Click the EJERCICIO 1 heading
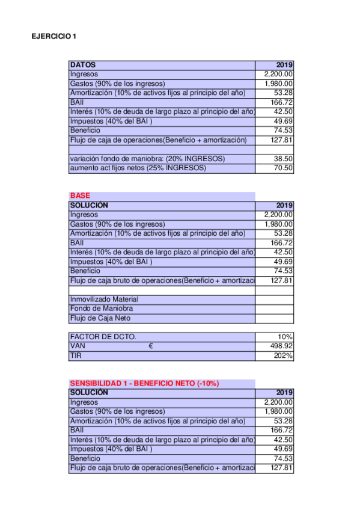[53, 37]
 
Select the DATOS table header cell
[83, 65]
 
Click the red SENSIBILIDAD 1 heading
[144, 383]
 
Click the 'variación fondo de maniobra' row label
[147, 159]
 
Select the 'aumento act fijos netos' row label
[138, 168]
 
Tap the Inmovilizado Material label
[104, 300]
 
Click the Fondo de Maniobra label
[97, 309]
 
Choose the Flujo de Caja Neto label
[100, 319]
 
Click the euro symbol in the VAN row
[151, 346]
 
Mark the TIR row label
[76, 356]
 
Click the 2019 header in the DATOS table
[284, 65]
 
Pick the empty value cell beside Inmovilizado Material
[275, 300]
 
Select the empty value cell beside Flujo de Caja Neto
[275, 319]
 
